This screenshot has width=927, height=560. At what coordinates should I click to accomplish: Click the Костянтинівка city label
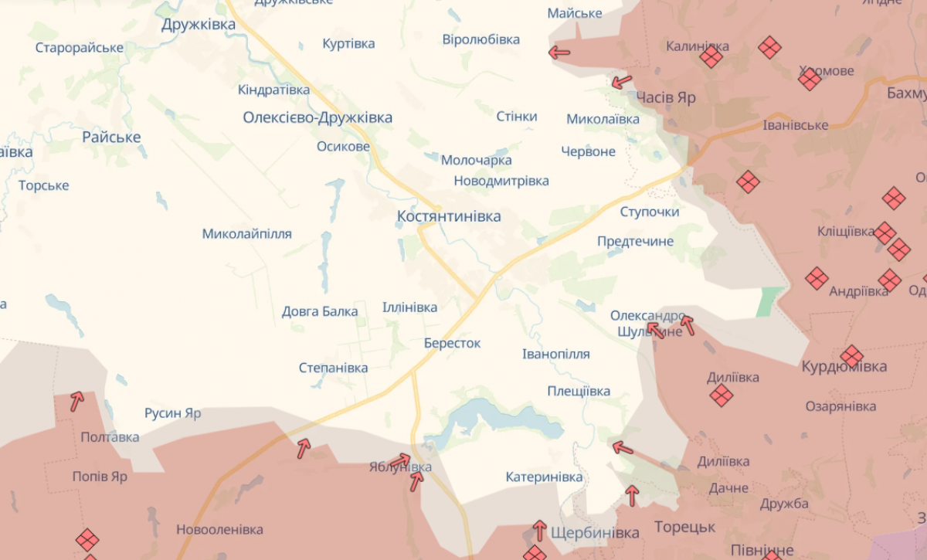tap(448, 217)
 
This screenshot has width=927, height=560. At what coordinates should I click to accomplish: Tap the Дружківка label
tap(199, 25)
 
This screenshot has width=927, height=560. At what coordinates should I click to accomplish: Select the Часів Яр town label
tap(666, 98)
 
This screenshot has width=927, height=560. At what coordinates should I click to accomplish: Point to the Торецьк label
tap(684, 528)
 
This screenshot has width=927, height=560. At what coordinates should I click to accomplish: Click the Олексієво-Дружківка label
tap(317, 117)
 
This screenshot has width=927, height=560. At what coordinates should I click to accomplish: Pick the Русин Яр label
tap(173, 413)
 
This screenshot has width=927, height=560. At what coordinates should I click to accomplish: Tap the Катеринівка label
tap(544, 477)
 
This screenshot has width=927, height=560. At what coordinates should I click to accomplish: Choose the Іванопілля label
tap(555, 354)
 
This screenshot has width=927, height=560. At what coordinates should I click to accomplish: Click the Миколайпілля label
tap(247, 233)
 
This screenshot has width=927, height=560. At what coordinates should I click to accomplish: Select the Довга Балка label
tap(320, 311)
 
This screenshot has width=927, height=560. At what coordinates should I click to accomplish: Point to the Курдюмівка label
tap(844, 366)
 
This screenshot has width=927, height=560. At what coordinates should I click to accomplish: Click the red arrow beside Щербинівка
tap(539, 530)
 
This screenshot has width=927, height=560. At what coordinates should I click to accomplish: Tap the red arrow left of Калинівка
tap(559, 53)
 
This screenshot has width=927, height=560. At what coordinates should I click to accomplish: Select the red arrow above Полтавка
tap(76, 401)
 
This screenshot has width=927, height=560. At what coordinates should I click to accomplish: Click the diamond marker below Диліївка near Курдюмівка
tap(721, 395)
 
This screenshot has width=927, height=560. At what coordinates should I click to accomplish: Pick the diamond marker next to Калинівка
tap(711, 56)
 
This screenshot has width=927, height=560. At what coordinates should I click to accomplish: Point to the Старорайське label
tap(80, 48)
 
